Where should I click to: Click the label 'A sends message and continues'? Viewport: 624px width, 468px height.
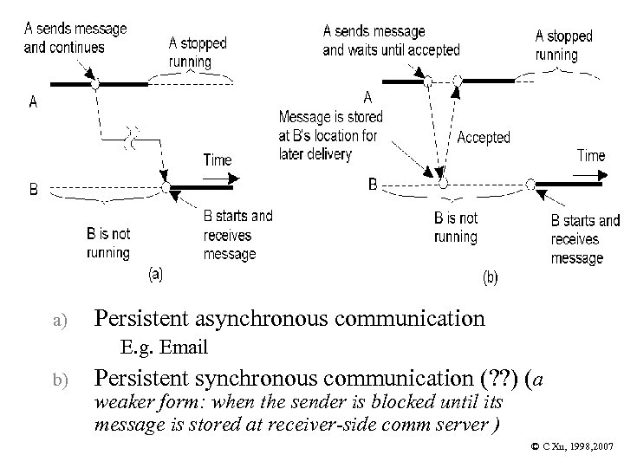(75, 37)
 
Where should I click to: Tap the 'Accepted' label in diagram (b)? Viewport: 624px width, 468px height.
(484, 138)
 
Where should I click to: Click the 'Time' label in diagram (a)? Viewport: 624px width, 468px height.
(217, 159)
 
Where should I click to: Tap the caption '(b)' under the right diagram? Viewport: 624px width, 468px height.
(490, 278)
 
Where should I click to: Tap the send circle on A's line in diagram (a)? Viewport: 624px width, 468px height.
(96, 84)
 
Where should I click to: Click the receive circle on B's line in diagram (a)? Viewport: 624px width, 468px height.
(165, 187)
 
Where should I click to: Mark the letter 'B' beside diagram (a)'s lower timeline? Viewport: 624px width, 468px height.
(33, 190)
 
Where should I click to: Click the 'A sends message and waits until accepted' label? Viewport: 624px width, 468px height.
(391, 40)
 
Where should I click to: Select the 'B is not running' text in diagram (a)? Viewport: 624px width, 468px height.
(108, 243)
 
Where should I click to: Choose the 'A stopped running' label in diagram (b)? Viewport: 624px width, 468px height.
(563, 45)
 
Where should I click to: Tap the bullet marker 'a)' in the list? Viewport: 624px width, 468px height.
(56, 321)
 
